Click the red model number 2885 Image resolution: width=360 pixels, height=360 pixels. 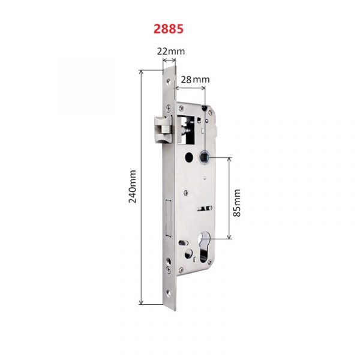click(x=169, y=29)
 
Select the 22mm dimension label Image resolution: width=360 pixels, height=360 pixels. click(x=171, y=51)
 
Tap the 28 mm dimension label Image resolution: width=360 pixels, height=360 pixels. click(x=195, y=80)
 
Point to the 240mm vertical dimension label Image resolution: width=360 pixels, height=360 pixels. click(x=132, y=187)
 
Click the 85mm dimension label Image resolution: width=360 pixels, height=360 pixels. click(x=237, y=203)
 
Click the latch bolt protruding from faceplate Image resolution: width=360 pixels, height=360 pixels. click(x=163, y=129)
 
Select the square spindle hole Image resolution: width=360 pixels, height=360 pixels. click(x=203, y=157)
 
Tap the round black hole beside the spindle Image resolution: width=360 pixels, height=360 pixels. click(x=189, y=157)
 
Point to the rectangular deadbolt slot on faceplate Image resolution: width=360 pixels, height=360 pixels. click(x=169, y=218)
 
